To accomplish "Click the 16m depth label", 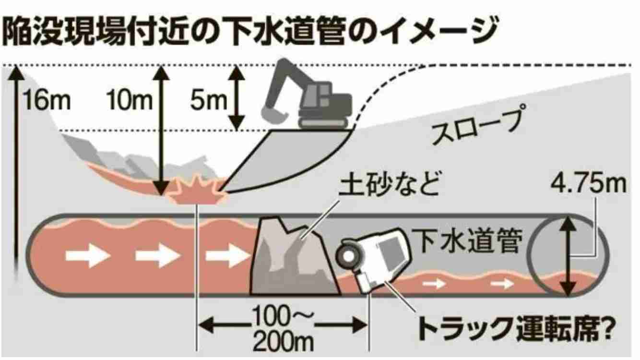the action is (x=47, y=100).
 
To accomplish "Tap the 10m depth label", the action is (x=130, y=100).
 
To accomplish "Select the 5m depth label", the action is (x=209, y=100).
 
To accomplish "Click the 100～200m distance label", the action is (x=283, y=329).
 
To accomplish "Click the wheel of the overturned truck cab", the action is (x=348, y=256).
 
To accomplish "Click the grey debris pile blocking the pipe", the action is (x=294, y=257).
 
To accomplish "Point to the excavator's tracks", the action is (x=323, y=122).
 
